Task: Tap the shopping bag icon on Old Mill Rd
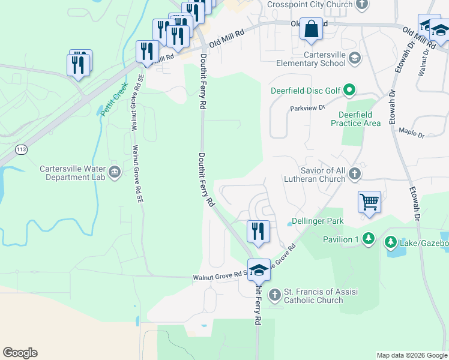(311, 29)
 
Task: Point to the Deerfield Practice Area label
(355, 119)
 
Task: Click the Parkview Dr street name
(307, 108)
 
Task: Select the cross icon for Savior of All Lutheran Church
(355, 174)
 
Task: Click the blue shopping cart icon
(369, 203)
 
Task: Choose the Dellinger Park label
(318, 221)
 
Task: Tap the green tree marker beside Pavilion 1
(368, 239)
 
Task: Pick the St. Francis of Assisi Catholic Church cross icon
(274, 295)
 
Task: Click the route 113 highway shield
(22, 149)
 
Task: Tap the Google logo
(20, 353)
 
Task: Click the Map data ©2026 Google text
(411, 355)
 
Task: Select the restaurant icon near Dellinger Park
(258, 232)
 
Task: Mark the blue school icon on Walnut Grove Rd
(259, 271)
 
